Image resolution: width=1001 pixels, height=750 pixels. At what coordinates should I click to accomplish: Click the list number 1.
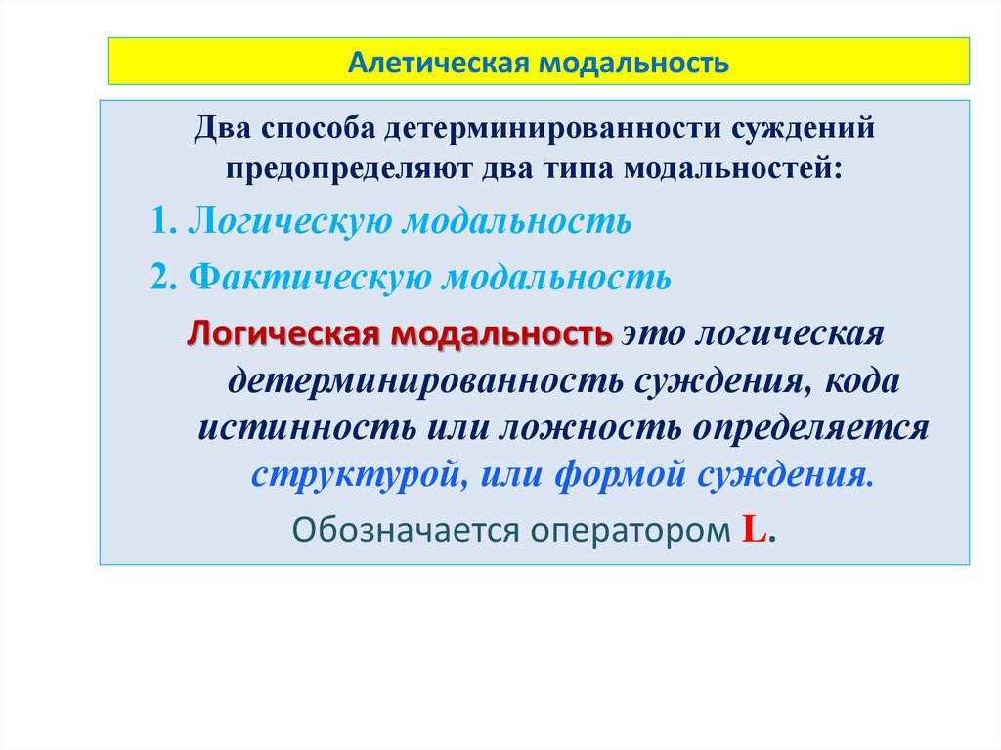[161, 221]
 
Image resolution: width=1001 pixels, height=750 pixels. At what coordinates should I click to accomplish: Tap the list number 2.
[161, 278]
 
